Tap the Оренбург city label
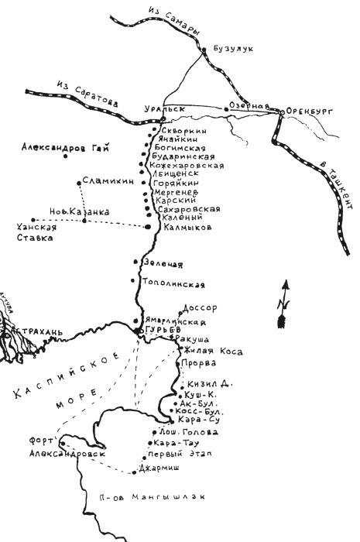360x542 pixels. tap(310, 111)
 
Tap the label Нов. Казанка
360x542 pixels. tap(79, 211)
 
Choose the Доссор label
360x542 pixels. tap(203, 307)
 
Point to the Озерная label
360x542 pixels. tap(252, 106)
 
